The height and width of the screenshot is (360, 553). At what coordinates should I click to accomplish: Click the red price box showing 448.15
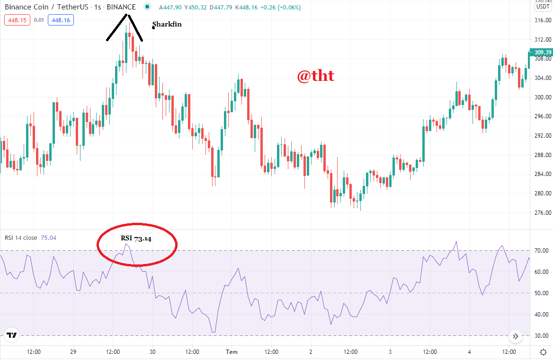(17, 20)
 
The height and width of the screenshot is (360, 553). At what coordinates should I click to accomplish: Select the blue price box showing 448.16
(61, 20)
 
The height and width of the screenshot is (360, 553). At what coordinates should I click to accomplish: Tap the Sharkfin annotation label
(167, 24)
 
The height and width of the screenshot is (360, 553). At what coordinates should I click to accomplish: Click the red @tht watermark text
(315, 76)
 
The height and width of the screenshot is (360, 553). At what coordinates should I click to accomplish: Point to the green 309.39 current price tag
(541, 52)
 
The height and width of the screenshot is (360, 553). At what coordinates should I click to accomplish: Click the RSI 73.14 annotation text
(136, 238)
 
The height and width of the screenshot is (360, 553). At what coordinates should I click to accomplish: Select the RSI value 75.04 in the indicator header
(49, 238)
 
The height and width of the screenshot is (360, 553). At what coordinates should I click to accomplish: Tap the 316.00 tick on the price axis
(543, 20)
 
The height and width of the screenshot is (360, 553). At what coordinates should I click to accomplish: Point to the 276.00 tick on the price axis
(543, 213)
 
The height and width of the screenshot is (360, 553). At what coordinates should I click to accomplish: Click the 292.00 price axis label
(543, 136)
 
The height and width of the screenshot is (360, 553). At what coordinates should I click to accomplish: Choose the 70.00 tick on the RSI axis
(542, 251)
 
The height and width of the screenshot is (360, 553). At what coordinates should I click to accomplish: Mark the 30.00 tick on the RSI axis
(542, 336)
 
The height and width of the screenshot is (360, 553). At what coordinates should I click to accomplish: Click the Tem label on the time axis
(232, 352)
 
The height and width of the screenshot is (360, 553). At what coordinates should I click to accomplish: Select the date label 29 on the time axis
(73, 352)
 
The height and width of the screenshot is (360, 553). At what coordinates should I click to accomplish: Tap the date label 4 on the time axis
(469, 352)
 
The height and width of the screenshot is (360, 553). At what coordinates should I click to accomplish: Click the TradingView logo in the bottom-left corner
(12, 335)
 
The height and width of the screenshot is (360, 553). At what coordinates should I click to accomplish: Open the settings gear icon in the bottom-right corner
(544, 352)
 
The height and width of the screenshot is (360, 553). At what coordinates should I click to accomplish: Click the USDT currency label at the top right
(543, 7)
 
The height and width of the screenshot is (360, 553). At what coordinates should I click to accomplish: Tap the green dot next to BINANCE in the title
(147, 7)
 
